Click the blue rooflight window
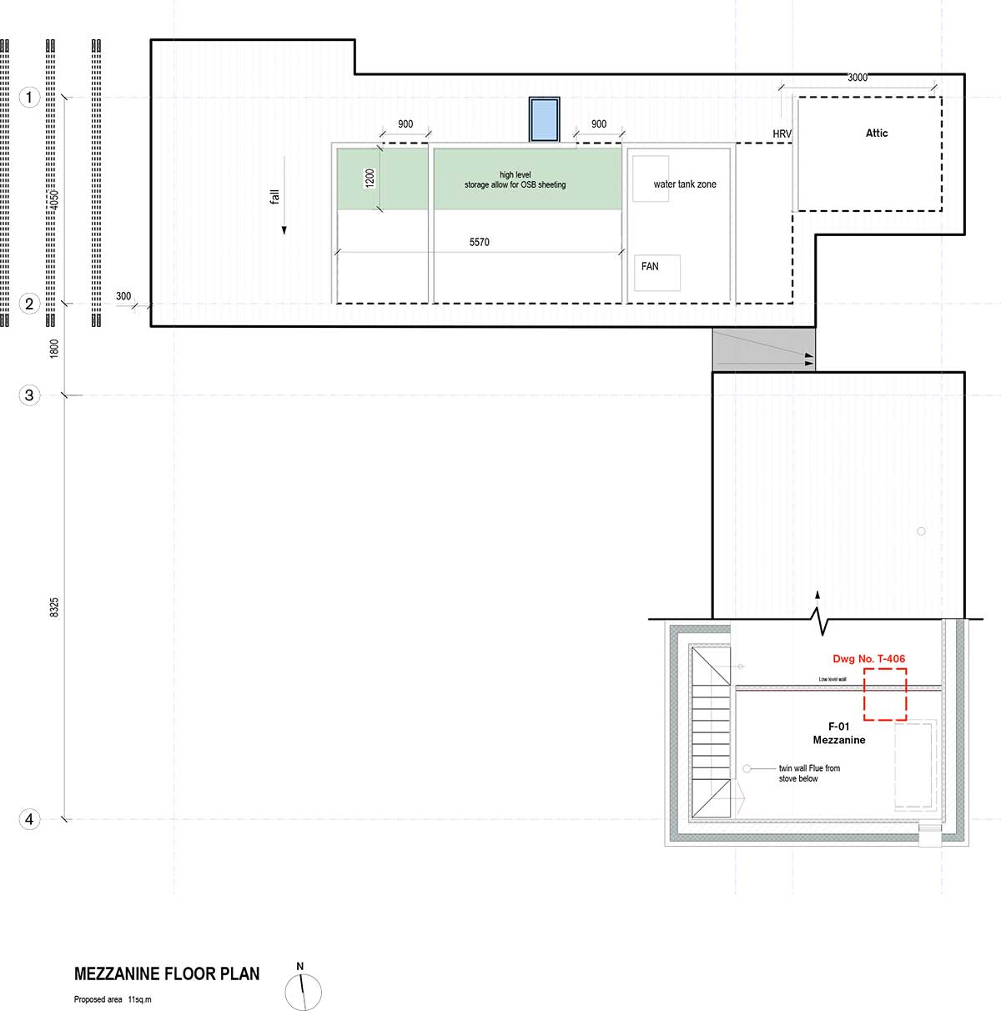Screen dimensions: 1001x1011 pos(544,119)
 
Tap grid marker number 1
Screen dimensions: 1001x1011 pos(29,97)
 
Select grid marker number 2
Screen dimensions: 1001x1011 pos(29,304)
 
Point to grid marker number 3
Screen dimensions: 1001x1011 pos(29,395)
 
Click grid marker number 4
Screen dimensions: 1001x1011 pos(29,819)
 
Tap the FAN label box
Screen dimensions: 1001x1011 pos(656,273)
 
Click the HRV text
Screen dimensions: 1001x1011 pos(782,133)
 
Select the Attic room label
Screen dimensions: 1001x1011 pos(877,133)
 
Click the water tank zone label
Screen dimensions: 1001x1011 pos(685,184)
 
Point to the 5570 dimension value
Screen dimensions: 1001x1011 pos(480,242)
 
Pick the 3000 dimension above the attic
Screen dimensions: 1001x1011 pos(858,78)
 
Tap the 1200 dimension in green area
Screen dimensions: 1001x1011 pos(370,179)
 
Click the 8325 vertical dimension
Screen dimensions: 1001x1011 pos(54,607)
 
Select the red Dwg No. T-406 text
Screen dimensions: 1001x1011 pos(868,658)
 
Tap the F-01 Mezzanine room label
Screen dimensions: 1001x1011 pos(839,733)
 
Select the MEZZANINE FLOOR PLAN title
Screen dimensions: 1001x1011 pos(167,973)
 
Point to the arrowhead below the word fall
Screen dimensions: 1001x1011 pos(284,230)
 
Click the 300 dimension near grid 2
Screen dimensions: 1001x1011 pos(123,296)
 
